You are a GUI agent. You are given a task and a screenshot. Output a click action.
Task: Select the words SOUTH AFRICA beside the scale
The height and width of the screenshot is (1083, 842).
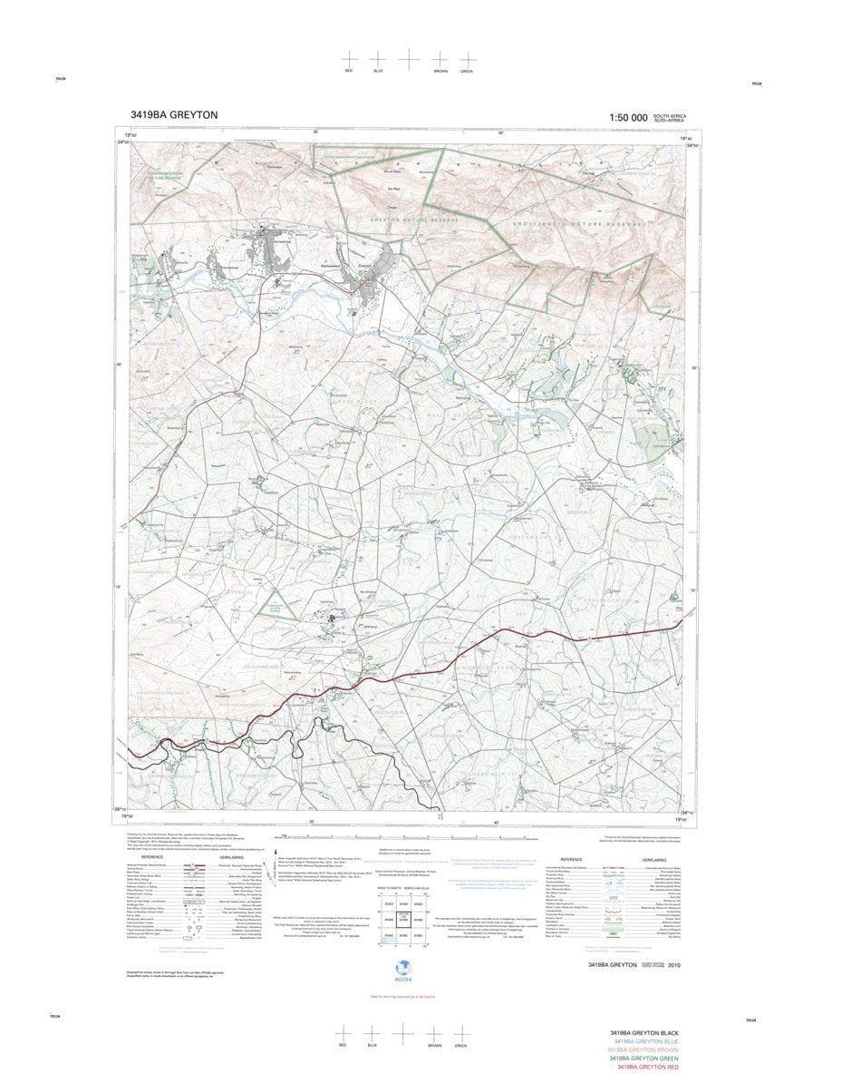[x=675, y=114]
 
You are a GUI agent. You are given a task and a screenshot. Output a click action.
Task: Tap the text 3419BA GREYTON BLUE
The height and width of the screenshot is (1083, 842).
[x=644, y=1042]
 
